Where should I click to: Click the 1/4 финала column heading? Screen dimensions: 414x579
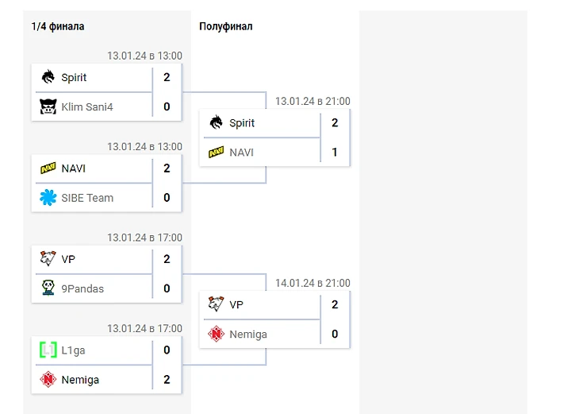pyautogui.click(x=58, y=26)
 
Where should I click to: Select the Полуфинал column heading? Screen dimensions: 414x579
pyautogui.click(x=226, y=26)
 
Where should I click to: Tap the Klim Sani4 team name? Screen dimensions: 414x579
pyautogui.click(x=87, y=106)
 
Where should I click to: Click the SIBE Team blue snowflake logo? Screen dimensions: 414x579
pyautogui.click(x=48, y=198)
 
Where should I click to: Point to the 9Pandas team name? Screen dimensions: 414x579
pyautogui.click(x=83, y=288)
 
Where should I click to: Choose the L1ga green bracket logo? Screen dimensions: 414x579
pyautogui.click(x=48, y=350)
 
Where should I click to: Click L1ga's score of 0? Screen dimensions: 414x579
pyautogui.click(x=167, y=350)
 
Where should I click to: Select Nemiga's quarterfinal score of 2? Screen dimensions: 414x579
pyautogui.click(x=167, y=380)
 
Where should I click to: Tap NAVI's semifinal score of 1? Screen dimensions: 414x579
pyautogui.click(x=335, y=152)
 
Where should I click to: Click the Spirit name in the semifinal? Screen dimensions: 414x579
pyautogui.click(x=242, y=123)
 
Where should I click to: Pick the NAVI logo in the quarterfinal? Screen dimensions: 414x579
pyautogui.click(x=48, y=168)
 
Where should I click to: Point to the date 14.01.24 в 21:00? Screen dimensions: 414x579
pyautogui.click(x=313, y=283)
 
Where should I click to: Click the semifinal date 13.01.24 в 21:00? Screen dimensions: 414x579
pyautogui.click(x=313, y=101)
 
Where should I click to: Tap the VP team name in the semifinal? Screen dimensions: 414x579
pyautogui.click(x=236, y=304)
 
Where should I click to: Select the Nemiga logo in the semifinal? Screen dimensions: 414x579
pyautogui.click(x=217, y=335)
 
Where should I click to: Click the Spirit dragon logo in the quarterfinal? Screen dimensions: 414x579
pyautogui.click(x=48, y=77)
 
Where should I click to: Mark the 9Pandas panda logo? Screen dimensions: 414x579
pyautogui.click(x=48, y=288)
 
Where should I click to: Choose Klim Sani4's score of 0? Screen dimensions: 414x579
pyautogui.click(x=167, y=106)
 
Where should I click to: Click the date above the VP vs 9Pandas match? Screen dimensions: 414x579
pyautogui.click(x=144, y=238)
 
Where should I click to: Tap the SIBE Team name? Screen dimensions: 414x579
pyautogui.click(x=87, y=198)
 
